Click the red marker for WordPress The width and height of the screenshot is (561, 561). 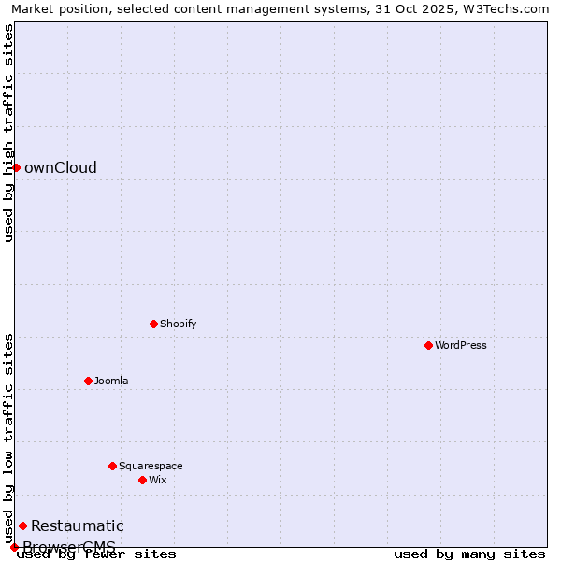[428, 345]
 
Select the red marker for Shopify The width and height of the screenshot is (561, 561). [153, 324]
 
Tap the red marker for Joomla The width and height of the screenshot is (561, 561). [88, 381]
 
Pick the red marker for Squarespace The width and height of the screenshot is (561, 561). [112, 466]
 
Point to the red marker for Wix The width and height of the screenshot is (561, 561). [142, 480]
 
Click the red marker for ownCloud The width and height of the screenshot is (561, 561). [16, 167]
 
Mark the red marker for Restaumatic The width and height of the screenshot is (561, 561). [22, 525]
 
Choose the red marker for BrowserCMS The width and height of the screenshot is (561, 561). [14, 547]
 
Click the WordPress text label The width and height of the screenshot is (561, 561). [461, 345]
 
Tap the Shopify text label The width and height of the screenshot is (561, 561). [178, 324]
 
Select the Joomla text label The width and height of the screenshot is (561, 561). [111, 381]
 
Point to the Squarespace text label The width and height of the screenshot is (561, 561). [151, 466]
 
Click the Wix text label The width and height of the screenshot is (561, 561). [157, 480]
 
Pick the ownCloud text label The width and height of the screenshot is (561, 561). [61, 168]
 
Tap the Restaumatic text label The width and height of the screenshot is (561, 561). [78, 525]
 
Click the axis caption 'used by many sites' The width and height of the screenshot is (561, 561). [469, 554]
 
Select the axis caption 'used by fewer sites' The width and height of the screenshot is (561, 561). [96, 554]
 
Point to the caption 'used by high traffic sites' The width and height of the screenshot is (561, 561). [8, 133]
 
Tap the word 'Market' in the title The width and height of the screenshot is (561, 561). [32, 9]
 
